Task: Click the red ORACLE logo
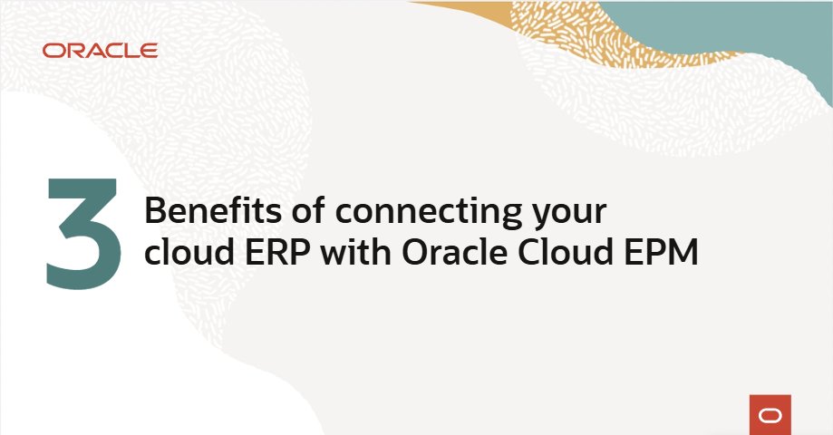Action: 100,51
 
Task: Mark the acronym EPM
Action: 661,255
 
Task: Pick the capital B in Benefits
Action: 156,212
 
